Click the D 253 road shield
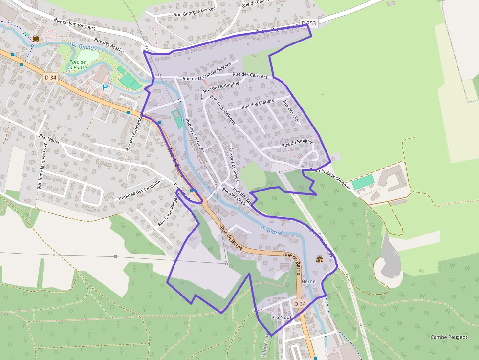(308, 23)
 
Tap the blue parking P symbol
(105, 87)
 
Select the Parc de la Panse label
(78, 64)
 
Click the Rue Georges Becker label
(194, 11)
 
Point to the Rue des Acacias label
(109, 45)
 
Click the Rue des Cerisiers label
(250, 75)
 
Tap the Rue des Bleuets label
(258, 104)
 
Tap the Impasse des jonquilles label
(140, 190)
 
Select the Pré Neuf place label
(281, 318)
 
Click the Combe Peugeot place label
(449, 337)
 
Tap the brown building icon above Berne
(320, 259)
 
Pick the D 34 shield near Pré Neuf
(300, 304)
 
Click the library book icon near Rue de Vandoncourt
(35, 38)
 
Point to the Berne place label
(309, 282)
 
